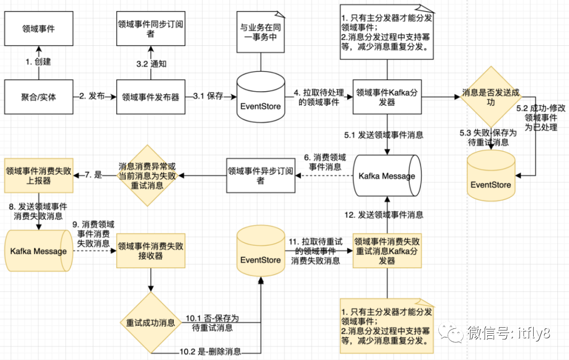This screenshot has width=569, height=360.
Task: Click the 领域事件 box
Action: coord(38,29)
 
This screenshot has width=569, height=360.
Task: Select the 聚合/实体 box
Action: coord(38,97)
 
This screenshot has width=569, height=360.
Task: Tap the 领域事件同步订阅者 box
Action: coord(150,29)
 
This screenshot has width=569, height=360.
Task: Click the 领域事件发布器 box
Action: coord(151,97)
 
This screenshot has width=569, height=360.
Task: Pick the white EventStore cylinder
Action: coord(260,97)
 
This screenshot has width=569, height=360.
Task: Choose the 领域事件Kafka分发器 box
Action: coord(387,97)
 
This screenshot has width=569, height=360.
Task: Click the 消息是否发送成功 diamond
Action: coord(491,98)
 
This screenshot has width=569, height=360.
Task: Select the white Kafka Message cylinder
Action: coord(387,176)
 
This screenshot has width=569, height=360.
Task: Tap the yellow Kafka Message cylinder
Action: coord(38,251)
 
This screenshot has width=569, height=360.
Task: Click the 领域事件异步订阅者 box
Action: coord(260,176)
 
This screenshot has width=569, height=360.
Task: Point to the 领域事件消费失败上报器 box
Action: coord(38,176)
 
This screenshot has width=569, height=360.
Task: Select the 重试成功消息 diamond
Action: coord(151,323)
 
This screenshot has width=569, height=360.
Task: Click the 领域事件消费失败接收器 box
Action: coord(151,251)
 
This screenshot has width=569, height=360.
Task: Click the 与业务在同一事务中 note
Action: coord(260,33)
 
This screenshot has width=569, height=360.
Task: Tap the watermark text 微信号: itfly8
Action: coord(508,333)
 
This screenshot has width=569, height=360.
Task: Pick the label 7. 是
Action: coord(94,174)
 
